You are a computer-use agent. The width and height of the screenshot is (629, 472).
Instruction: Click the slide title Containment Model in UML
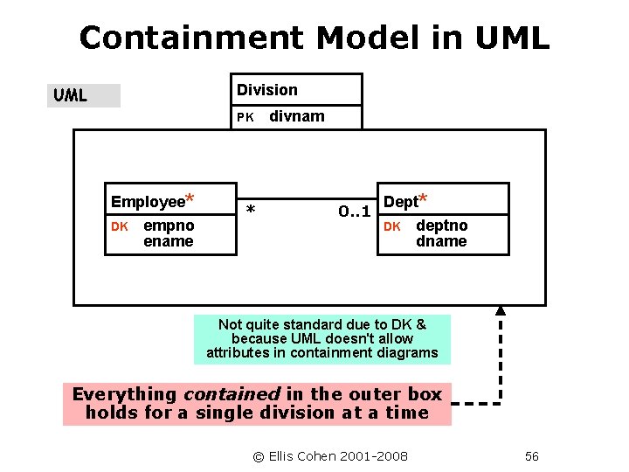click(314, 38)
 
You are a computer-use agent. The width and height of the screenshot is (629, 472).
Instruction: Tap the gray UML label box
click(84, 95)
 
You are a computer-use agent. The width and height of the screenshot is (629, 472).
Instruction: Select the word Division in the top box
click(267, 90)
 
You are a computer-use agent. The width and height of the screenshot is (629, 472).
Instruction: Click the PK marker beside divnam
click(245, 117)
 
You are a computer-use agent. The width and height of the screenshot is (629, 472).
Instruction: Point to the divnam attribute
click(296, 116)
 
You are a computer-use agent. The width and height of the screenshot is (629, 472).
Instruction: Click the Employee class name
click(148, 202)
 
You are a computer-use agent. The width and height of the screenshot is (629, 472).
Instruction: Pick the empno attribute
click(169, 226)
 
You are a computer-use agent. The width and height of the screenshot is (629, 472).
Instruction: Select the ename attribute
click(168, 241)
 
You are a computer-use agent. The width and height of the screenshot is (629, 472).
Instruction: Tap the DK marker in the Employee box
click(120, 226)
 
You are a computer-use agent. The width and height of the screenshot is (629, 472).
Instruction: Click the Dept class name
click(401, 202)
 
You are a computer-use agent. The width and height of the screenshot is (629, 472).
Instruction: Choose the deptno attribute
click(441, 226)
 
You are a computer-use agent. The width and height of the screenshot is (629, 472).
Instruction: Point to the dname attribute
click(441, 241)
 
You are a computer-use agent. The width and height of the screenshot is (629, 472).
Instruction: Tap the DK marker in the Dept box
click(392, 226)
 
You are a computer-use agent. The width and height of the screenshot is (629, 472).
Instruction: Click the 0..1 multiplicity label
click(355, 212)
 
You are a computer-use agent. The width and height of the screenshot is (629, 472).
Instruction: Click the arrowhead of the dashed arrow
click(501, 309)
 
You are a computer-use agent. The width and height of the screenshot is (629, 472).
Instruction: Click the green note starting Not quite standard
click(321, 339)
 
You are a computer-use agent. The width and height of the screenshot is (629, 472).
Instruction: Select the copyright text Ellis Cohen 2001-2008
click(330, 456)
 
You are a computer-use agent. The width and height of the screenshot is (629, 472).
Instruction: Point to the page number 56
click(532, 456)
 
